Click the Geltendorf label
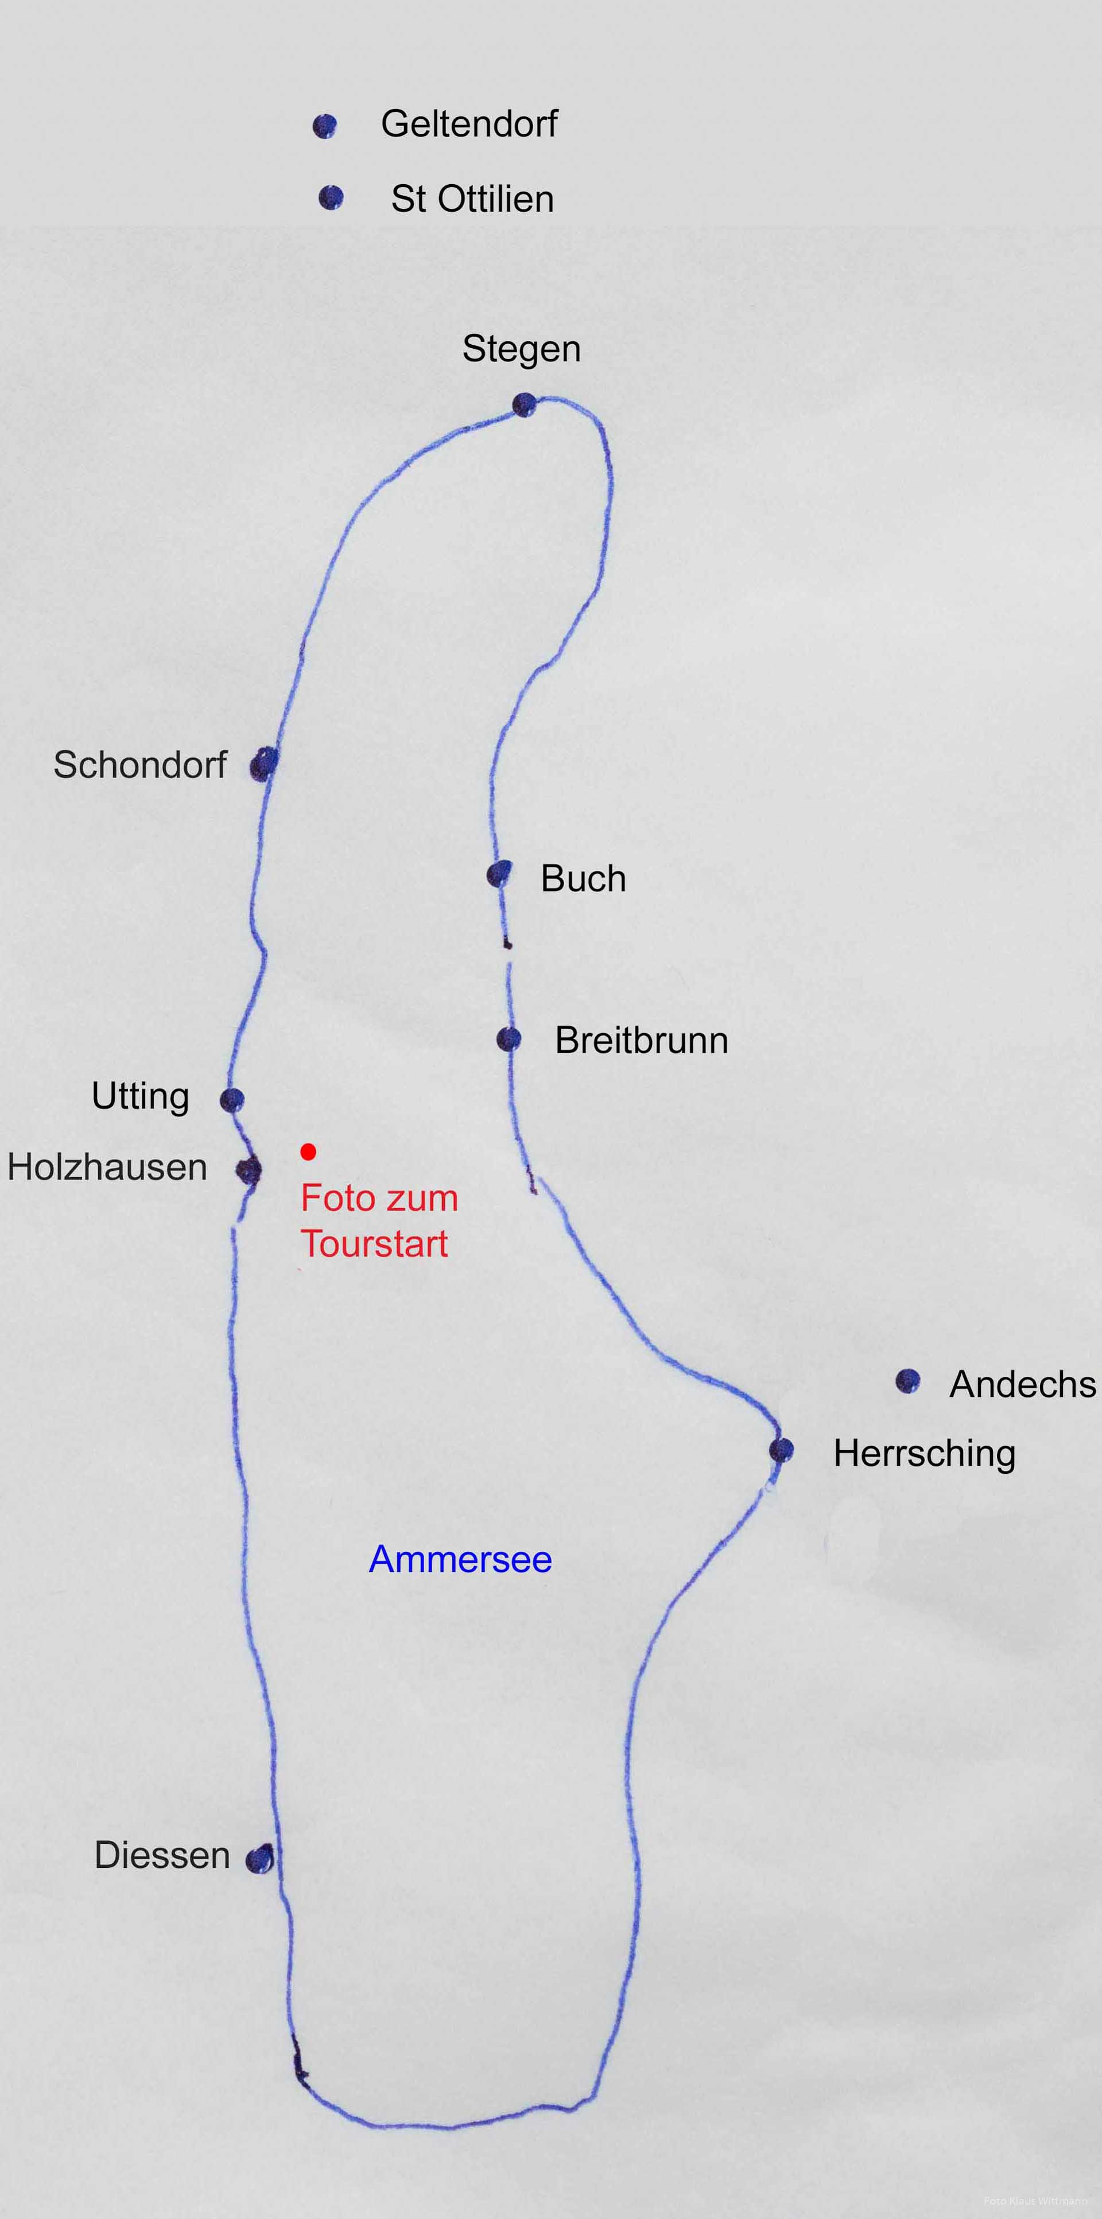469,124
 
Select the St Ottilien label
472,199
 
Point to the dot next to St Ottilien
331,198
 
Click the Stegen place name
521,349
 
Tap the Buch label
583,879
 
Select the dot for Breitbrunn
509,1040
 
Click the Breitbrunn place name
642,1041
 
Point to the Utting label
141,1096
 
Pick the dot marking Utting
232,1100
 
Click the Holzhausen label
107,1167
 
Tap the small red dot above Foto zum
308,1152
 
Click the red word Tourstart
374,1244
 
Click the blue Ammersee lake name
460,1559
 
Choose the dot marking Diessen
259,1860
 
